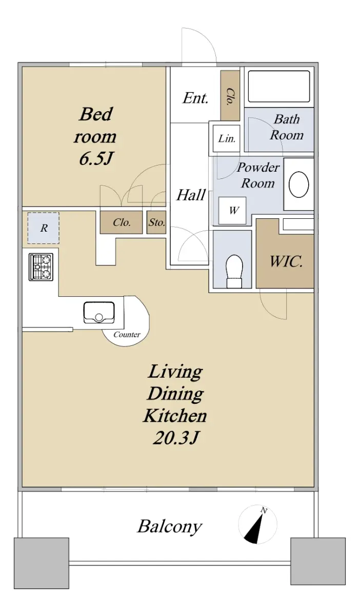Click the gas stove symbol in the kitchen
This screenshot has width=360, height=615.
41,267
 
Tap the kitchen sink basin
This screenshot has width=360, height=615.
99,313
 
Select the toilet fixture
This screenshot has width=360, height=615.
234,271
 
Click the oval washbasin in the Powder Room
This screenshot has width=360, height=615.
298,184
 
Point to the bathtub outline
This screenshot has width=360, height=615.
279,87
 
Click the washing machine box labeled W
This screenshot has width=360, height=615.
232,211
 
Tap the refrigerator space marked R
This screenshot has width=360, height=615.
44,228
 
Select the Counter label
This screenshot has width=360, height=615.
127,335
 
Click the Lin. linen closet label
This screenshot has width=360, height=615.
227,139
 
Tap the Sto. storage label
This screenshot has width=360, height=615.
157,222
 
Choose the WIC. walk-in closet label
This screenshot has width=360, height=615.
286,261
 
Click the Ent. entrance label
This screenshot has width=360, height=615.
195,98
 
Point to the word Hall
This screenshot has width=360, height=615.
191,195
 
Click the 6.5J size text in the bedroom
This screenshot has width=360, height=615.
96,159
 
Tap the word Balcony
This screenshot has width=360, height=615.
170,527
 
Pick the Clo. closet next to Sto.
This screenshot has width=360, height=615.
122,222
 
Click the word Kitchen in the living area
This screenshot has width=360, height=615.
175,416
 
